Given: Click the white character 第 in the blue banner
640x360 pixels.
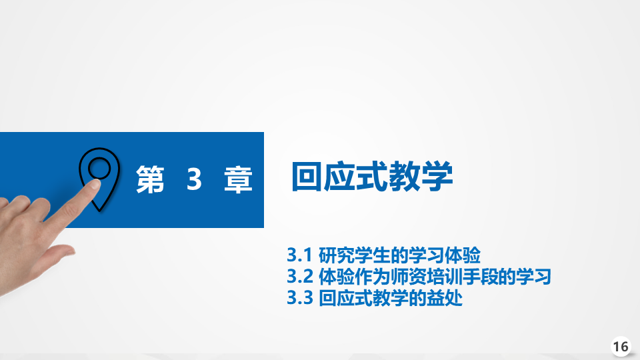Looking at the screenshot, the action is click(150, 179).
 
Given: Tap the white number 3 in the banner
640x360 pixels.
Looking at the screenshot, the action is click(194, 179).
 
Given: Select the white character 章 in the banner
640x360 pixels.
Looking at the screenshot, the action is click(239, 179).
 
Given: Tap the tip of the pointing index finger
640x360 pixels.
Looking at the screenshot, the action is click(95, 184).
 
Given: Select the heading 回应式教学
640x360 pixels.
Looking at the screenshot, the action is click(372, 177).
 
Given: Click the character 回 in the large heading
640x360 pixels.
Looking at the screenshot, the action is click(307, 177).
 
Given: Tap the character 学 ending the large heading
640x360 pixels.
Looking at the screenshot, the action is click(437, 177).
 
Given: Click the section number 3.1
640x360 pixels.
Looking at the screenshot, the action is click(299, 255).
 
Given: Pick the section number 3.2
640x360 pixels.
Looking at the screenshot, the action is click(299, 277).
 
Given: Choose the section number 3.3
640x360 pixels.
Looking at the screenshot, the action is click(299, 298).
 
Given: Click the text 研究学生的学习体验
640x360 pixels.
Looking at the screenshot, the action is click(399, 255).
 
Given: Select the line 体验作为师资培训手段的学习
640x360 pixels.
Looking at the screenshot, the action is click(435, 277).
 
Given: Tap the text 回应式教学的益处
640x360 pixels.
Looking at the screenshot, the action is click(391, 298).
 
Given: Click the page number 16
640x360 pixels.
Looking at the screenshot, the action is click(621, 347).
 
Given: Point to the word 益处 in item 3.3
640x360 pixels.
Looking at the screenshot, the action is click(445, 298).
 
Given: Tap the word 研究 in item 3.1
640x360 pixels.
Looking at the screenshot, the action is click(337, 255).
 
